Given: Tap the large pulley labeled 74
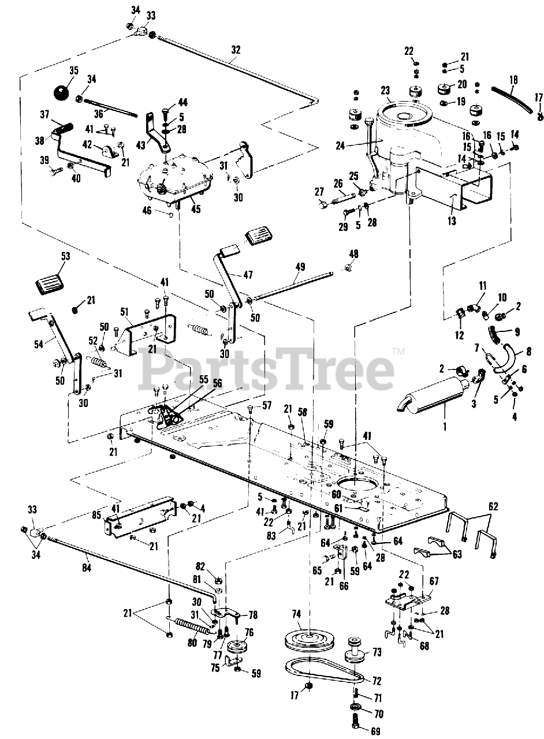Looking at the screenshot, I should (310, 639).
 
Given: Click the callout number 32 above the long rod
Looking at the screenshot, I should (235, 50).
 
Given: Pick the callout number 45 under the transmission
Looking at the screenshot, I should (196, 209).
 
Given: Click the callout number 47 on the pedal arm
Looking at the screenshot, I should (247, 275).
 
